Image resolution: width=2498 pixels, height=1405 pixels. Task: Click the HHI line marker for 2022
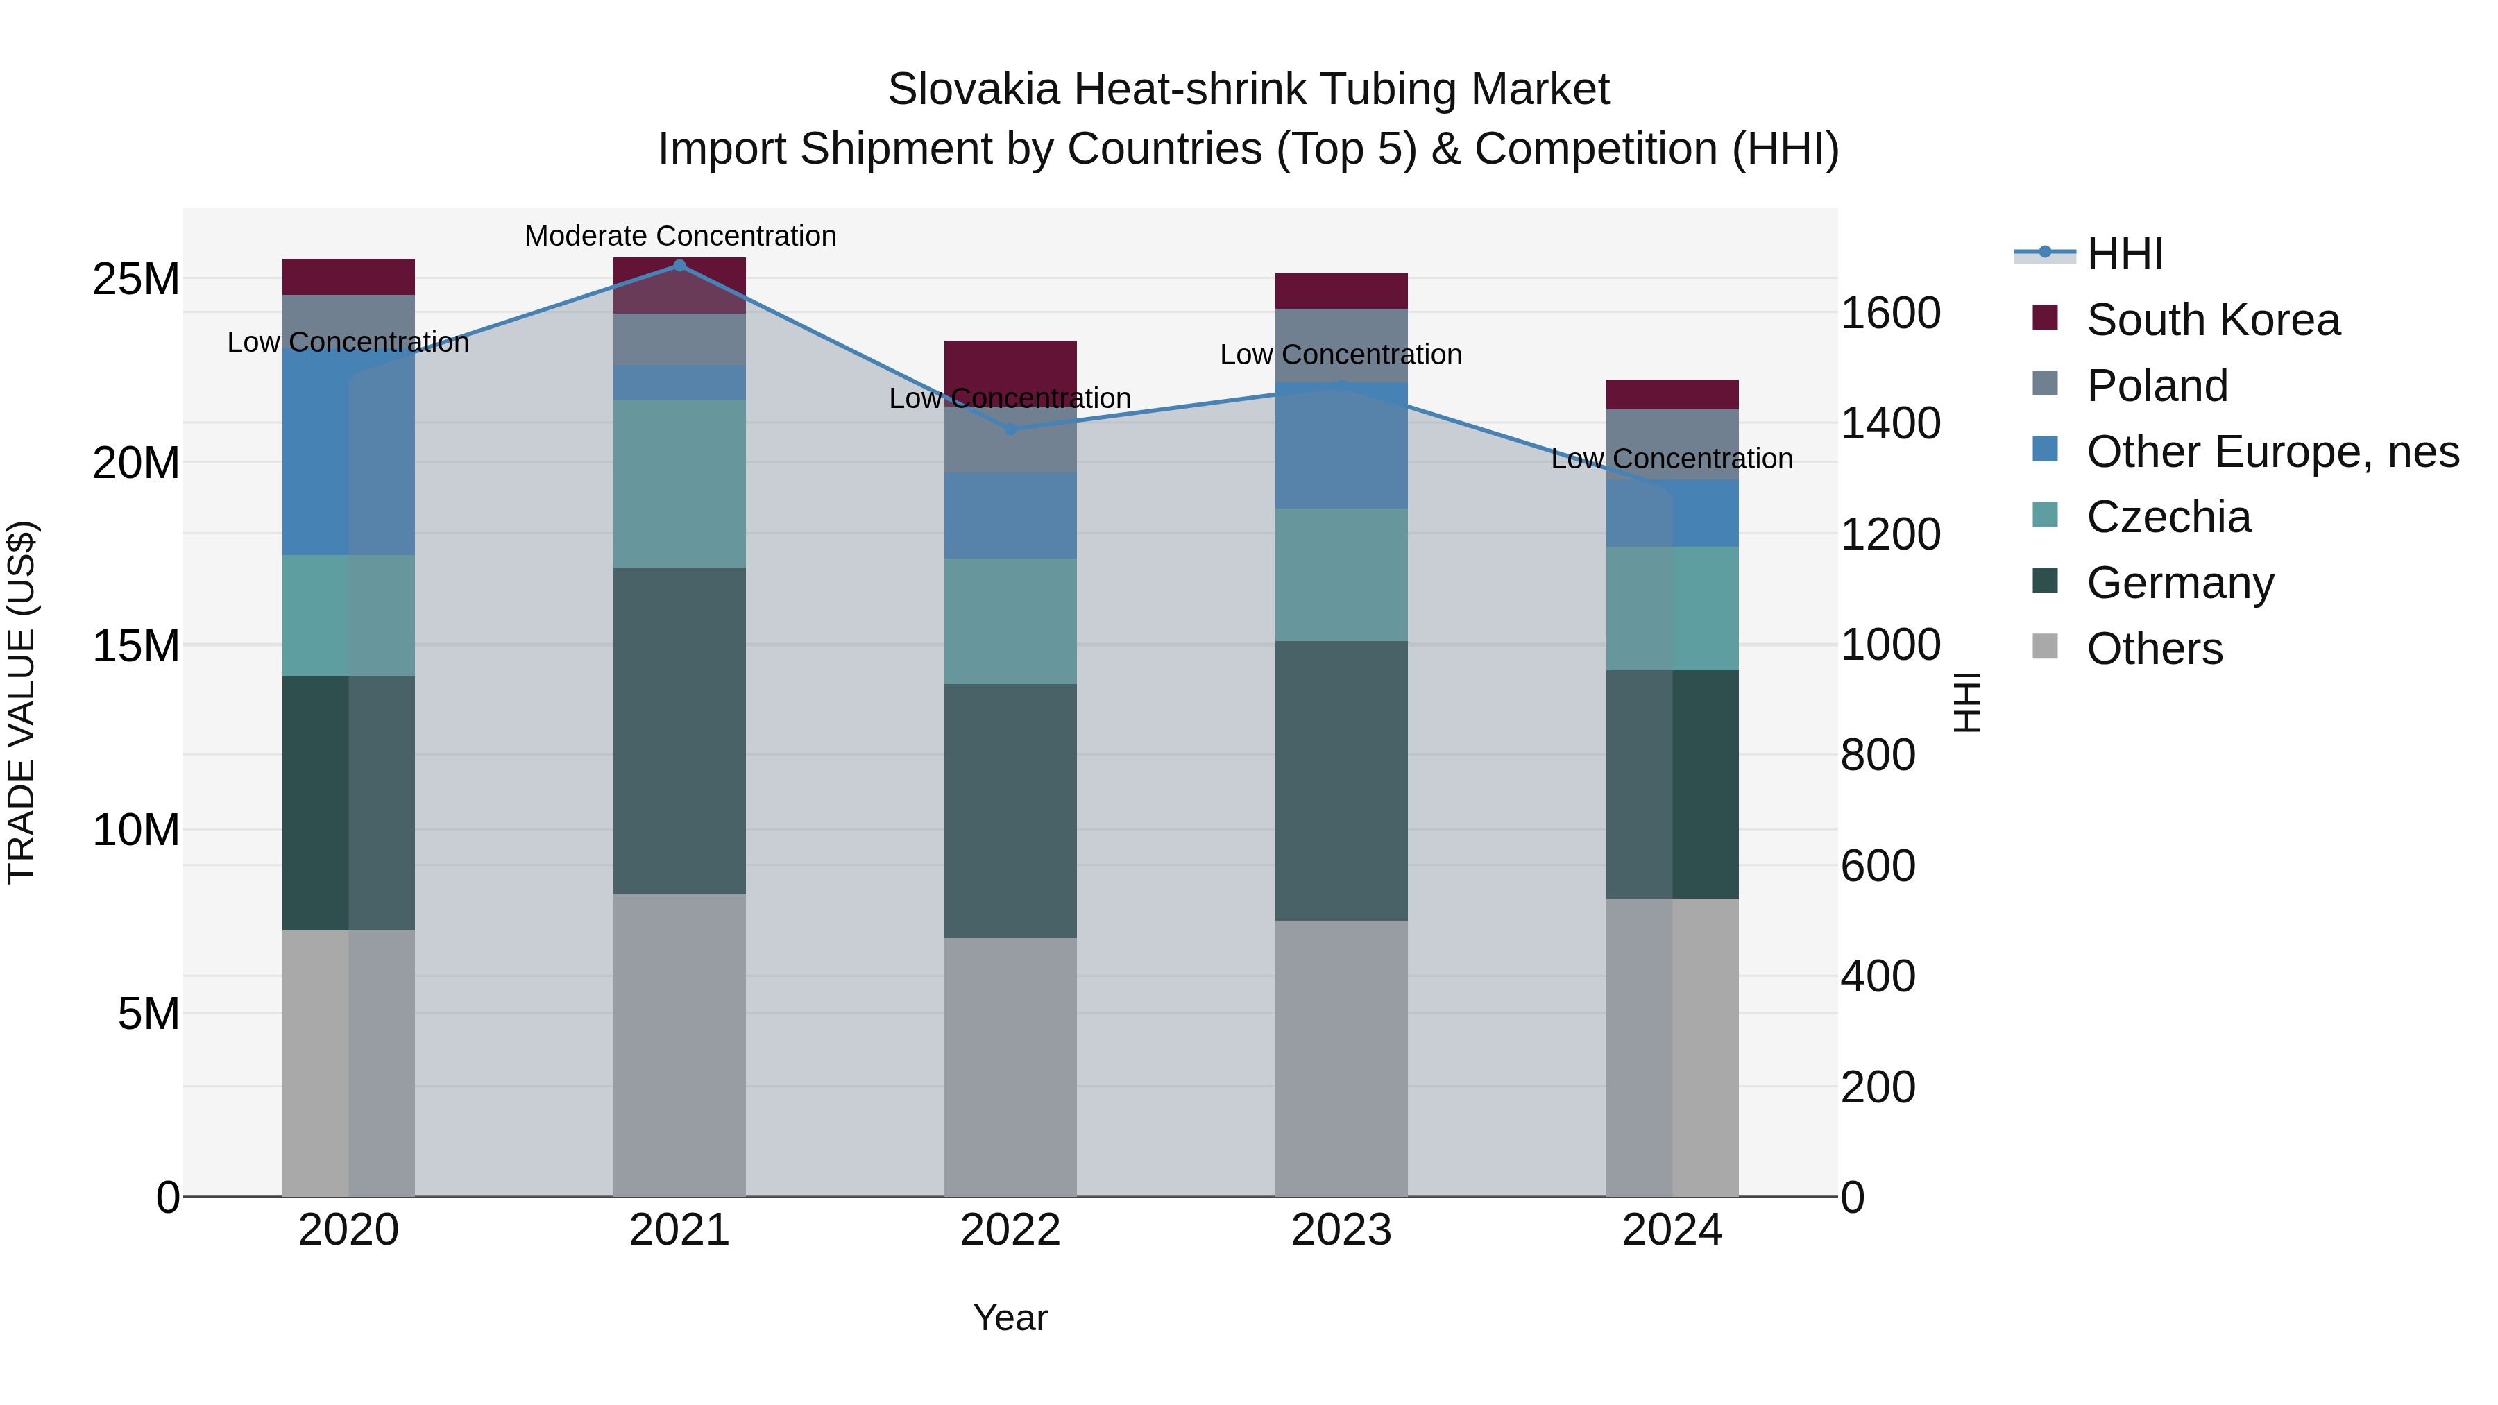click(1010, 429)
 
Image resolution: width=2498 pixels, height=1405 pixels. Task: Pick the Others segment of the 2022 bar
click(1010, 1066)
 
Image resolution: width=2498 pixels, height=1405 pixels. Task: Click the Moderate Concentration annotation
click(680, 236)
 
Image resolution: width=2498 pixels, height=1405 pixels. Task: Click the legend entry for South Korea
click(2212, 320)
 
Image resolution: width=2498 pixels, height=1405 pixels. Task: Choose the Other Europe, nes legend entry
click(2272, 452)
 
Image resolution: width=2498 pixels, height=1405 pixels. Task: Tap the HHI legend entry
click(2124, 254)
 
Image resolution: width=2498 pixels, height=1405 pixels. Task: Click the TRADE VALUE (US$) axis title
click(22, 702)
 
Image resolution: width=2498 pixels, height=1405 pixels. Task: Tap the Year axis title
click(1010, 1318)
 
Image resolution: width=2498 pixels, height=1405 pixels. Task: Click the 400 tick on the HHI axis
click(1878, 976)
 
